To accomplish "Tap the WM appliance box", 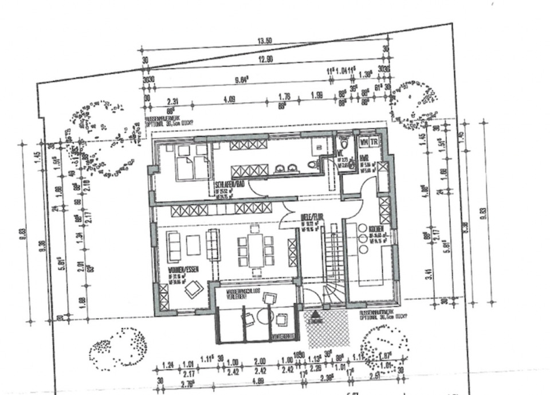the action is tap(363, 141).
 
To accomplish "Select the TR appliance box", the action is tap(374, 141).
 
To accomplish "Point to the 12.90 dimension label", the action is tap(264, 59).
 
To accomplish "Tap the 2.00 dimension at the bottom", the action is tap(260, 362).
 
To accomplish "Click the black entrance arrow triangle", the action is tap(316, 315).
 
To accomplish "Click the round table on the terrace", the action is tap(264, 316).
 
